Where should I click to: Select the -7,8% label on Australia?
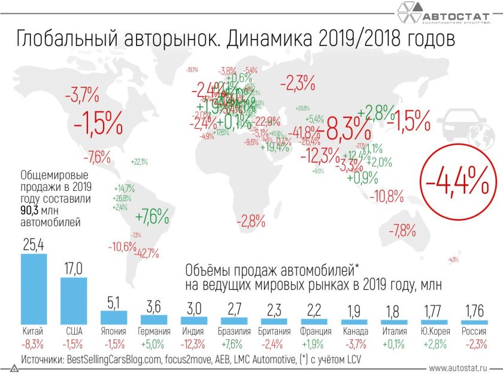(x=402, y=230)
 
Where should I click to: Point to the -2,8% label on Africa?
(x=250, y=221)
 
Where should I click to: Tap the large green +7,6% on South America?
(x=152, y=216)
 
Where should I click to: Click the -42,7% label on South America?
(x=146, y=253)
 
